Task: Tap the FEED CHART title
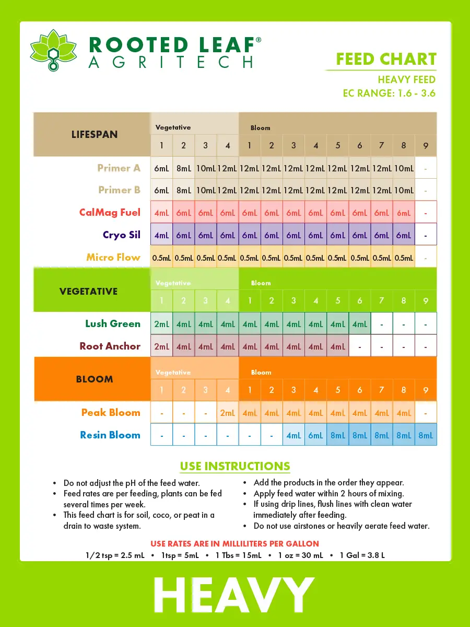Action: pos(386,59)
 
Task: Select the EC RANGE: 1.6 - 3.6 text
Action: pos(389,94)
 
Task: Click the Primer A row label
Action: pos(119,168)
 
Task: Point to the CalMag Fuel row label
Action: pos(110,213)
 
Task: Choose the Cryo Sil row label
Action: pos(122,235)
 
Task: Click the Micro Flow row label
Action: pos(113,257)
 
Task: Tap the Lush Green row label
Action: pos(113,324)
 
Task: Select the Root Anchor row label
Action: pos(110,346)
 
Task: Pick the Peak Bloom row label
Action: pos(111,413)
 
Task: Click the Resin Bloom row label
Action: pos(110,435)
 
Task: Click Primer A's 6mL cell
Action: pos(161,168)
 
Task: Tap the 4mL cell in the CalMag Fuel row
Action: pos(161,213)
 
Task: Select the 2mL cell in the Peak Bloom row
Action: pos(228,413)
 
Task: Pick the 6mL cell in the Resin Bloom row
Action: pos(316,435)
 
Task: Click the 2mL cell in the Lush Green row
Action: pos(161,324)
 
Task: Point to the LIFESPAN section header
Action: pos(95,134)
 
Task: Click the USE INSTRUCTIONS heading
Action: pos(235,466)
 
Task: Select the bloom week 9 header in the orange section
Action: pos(426,390)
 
